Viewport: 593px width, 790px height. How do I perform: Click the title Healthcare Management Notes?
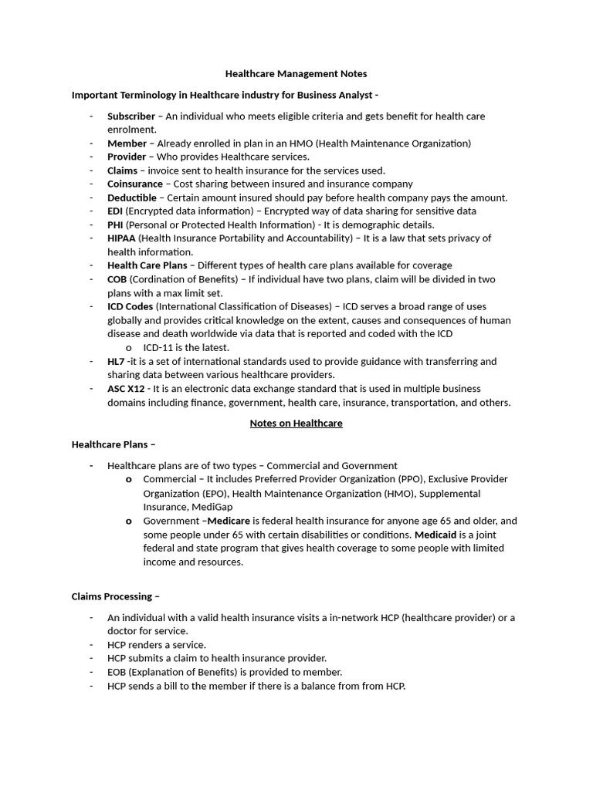tap(296, 74)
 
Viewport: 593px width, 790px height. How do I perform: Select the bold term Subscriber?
tap(130, 116)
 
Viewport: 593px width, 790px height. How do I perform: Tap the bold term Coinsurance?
tap(134, 184)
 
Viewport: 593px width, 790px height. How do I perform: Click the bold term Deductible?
tap(131, 197)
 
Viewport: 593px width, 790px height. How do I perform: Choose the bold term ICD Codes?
tap(130, 306)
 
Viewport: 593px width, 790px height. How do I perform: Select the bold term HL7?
tap(115, 361)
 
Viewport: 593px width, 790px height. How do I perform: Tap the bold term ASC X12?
tap(126, 388)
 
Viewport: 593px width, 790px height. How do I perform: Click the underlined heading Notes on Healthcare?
tap(296, 423)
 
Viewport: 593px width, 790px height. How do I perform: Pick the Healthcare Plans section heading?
tap(113, 444)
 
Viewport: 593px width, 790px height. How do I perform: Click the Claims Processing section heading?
tap(116, 596)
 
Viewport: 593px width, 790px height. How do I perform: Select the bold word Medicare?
tap(229, 521)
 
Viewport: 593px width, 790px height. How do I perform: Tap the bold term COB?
tap(117, 279)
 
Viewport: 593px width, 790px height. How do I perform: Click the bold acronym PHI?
tap(115, 225)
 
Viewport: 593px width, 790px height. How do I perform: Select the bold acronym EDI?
tap(114, 211)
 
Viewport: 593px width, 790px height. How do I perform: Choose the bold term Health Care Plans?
tap(147, 265)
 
